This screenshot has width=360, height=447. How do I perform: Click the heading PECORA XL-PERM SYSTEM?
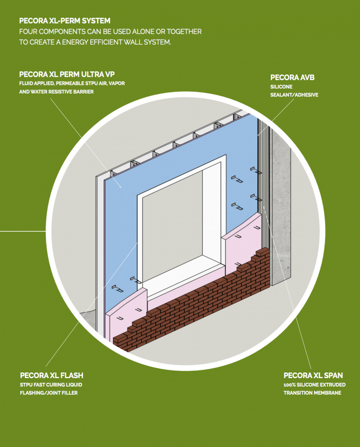click(65, 21)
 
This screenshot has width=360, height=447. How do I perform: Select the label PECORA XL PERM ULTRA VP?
click(67, 74)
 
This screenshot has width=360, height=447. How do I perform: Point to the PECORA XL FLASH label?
click(52, 375)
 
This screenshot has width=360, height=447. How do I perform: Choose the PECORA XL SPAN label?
click(313, 375)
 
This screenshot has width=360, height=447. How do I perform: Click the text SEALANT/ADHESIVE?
click(294, 95)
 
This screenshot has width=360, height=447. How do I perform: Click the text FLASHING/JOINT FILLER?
click(49, 393)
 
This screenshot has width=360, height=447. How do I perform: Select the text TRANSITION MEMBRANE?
click(312, 393)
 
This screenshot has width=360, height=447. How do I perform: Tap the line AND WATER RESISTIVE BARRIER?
click(56, 92)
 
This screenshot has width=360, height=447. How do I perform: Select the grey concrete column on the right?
click(281, 211)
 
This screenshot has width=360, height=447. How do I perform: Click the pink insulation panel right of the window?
click(244, 248)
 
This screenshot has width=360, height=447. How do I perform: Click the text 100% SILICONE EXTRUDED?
click(315, 385)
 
